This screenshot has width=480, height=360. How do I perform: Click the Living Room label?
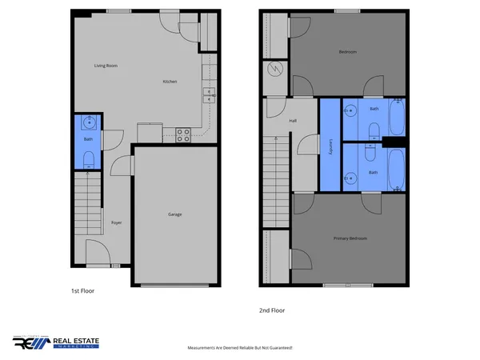click(106, 66)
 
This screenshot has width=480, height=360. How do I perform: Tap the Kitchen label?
click(170, 82)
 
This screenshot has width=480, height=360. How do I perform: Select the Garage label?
click(174, 214)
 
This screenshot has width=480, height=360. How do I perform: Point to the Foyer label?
click(116, 222)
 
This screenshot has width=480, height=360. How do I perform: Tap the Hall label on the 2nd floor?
click(292, 121)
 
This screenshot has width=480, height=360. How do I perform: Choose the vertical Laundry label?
click(331, 145)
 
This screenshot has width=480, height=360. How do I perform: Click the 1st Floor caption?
click(82, 291)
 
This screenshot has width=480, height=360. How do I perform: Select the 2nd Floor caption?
click(272, 310)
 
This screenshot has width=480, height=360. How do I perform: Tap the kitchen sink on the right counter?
click(209, 95)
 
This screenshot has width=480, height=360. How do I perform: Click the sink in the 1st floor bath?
click(88, 122)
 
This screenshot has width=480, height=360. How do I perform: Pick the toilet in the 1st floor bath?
click(88, 159)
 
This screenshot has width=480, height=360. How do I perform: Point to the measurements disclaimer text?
click(240, 348)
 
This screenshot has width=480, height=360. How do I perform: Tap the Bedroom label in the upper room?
click(347, 52)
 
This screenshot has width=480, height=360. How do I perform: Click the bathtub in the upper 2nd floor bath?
click(398, 118)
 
